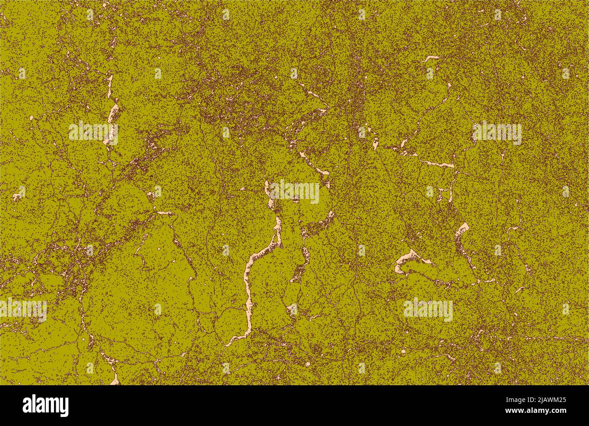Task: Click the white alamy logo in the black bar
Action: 45,405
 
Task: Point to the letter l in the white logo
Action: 35,404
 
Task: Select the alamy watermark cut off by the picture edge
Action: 23,310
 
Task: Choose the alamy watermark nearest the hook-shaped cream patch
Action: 428,310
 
